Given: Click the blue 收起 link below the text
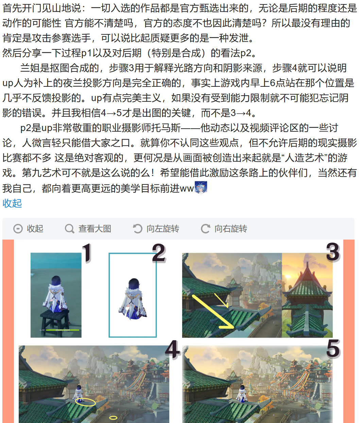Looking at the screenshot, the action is point(12,203).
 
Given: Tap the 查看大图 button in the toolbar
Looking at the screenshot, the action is point(88,229).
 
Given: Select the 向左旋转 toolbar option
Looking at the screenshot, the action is point(156,229).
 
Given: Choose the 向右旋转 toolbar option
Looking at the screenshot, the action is point(224,229).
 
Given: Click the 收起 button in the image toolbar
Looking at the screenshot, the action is point(28,229).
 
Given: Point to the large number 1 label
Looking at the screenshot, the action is point(87,253).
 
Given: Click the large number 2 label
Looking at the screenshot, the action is point(159,253).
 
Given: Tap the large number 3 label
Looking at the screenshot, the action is point(333,252).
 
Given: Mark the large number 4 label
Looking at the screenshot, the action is point(173,349).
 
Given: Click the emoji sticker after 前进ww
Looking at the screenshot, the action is point(201,187).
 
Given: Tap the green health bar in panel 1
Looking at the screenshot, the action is point(63,330).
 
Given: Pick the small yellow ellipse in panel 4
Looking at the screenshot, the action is point(113,418).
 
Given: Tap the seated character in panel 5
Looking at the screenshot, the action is point(242,393).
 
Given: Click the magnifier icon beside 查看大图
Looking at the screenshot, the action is point(69,229).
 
